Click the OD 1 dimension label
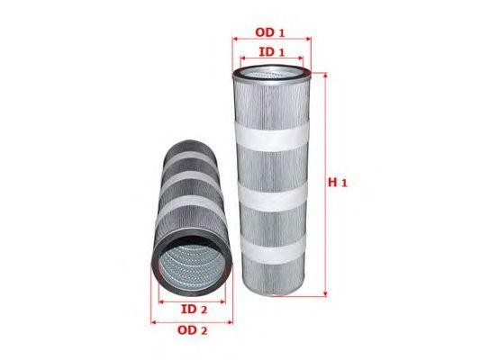(x=270, y=32)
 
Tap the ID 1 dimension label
(x=272, y=52)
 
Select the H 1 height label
(x=338, y=183)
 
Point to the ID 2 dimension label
(x=195, y=310)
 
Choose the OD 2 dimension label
(x=192, y=330)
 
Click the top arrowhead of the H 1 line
(x=325, y=76)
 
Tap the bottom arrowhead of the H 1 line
(x=325, y=294)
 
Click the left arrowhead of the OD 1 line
(x=235, y=39)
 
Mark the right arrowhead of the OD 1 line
(x=309, y=39)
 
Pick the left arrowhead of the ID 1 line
(x=243, y=58)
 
